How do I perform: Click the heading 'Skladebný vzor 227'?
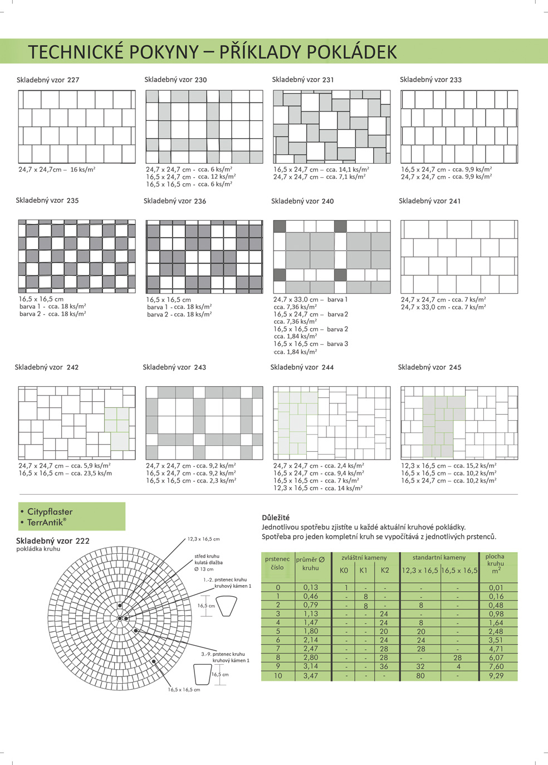48,80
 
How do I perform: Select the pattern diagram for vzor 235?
77,256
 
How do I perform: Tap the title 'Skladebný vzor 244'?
302,367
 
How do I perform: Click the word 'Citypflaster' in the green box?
50,511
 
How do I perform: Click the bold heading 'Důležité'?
276,518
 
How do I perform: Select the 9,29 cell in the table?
496,675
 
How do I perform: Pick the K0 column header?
344,570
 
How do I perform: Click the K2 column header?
385,570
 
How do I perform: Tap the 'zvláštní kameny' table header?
364,557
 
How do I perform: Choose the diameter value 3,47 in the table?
311,675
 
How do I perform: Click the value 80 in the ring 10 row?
420,675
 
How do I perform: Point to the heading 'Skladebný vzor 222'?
53,540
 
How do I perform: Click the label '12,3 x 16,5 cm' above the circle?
203,539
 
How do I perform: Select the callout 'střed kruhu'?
207,556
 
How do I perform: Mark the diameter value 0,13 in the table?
311,587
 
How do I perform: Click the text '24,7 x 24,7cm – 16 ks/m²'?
57,169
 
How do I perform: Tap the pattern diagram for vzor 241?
459,257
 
